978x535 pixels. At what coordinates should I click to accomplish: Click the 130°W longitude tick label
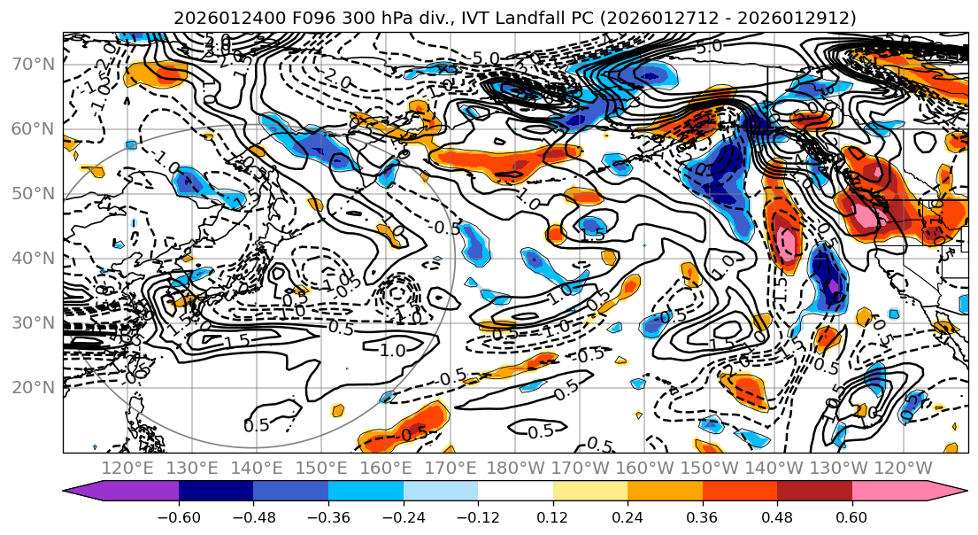click(843, 468)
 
